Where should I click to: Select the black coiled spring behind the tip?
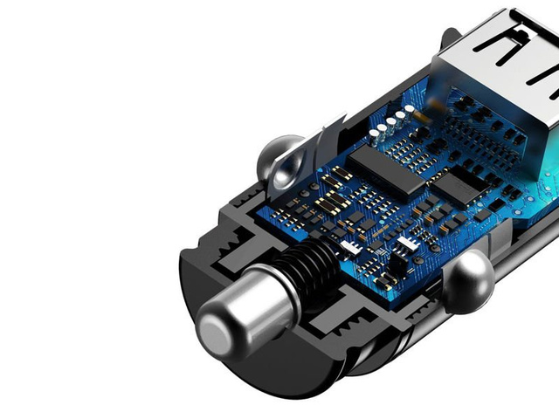tap(310, 263)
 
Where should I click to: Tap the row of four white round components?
tap(392, 122)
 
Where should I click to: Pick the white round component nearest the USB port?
tap(408, 112)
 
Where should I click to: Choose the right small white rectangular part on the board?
tap(404, 241)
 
